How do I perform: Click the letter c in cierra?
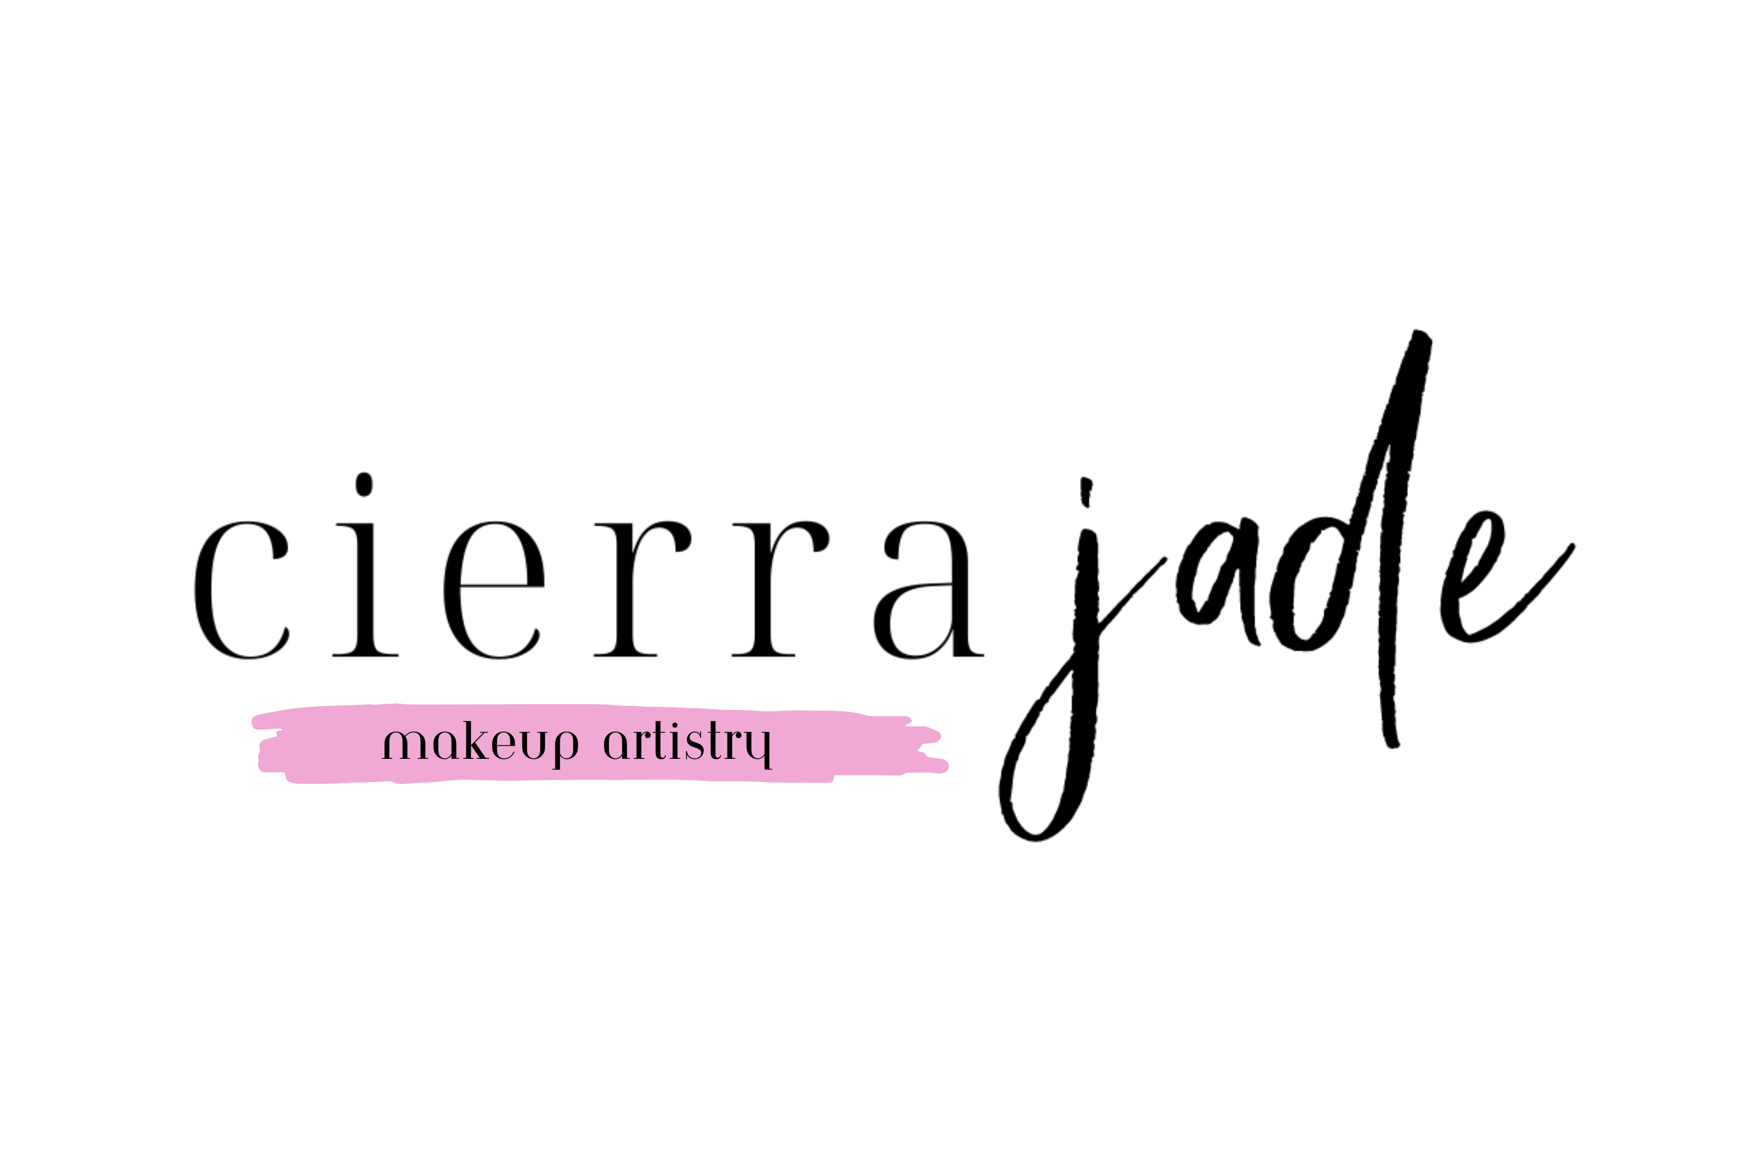pyautogui.click(x=241, y=590)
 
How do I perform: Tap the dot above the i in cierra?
pyautogui.click(x=364, y=484)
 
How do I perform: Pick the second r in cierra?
pyautogui.click(x=780, y=589)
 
